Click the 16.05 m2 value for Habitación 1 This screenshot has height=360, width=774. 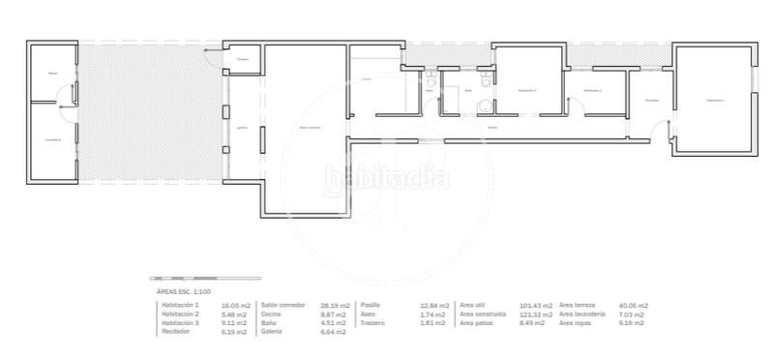tap(234, 305)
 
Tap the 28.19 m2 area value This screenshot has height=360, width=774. tap(334, 305)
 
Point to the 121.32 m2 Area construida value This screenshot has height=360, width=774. tap(536, 315)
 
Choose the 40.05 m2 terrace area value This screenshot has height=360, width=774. tap(634, 305)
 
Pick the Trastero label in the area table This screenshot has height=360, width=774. tap(372, 323)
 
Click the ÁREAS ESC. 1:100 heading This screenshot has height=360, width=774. tap(184, 290)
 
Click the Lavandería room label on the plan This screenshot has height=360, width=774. tap(52, 139)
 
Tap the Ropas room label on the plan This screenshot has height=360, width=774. tap(52, 73)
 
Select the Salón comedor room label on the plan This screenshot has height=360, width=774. tap(310, 128)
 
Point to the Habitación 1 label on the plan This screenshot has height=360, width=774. tap(715, 100)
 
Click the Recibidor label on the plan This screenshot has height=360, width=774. tap(652, 100)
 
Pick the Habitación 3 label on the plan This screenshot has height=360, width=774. tap(526, 90)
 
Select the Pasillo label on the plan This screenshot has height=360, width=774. tap(492, 127)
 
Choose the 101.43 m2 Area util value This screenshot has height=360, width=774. tap(536, 305)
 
